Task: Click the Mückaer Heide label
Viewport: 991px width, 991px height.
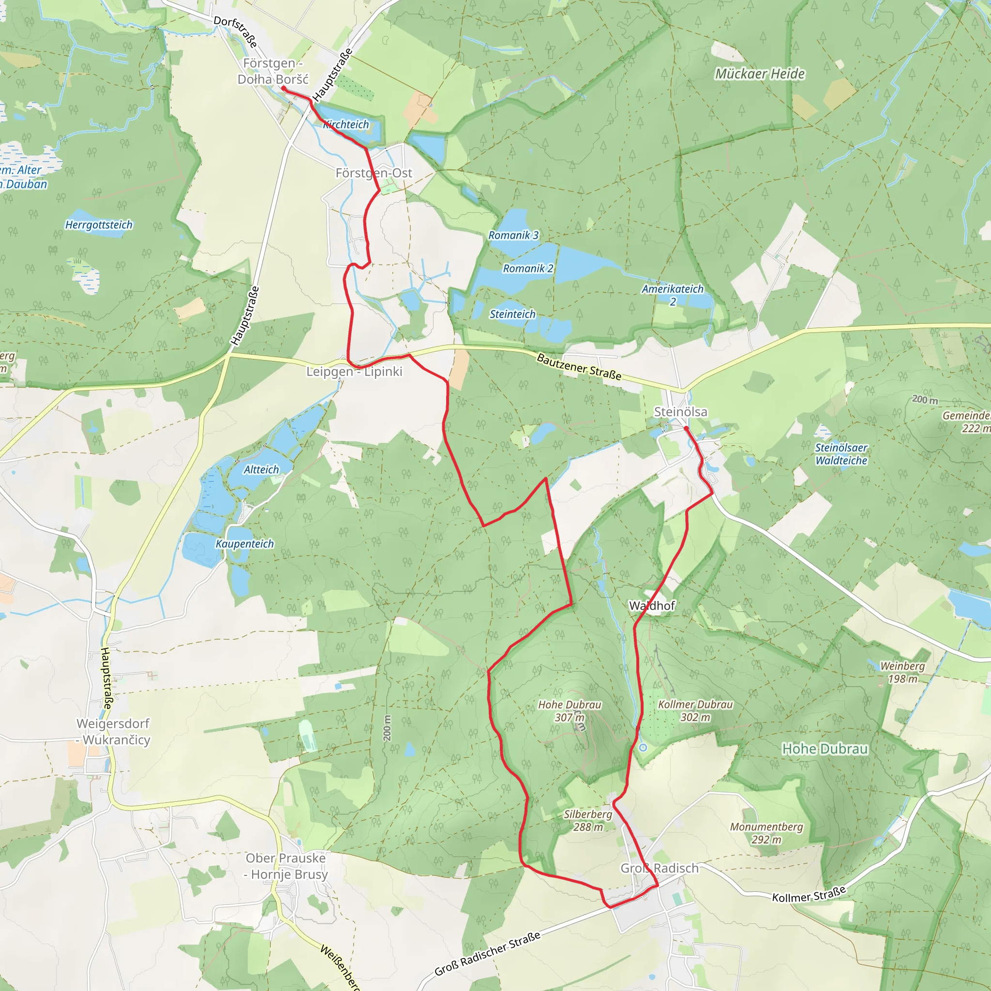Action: tap(760, 74)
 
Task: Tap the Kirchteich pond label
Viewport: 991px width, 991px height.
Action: tap(346, 125)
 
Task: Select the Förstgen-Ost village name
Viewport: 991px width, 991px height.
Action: tap(374, 173)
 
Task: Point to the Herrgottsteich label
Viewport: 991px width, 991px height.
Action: tap(99, 225)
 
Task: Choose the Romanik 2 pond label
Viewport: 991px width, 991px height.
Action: tap(528, 268)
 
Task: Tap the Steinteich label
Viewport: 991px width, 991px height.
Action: tap(512, 314)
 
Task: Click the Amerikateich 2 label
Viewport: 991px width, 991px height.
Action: tap(673, 295)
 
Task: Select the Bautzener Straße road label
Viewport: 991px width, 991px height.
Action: tap(579, 366)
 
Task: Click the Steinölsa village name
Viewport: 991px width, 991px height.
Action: tap(680, 412)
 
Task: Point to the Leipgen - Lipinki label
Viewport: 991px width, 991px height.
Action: tap(354, 371)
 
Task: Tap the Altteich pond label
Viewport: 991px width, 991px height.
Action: tap(261, 469)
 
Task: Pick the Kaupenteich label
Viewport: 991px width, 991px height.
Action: tap(245, 544)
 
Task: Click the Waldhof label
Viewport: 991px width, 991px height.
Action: tap(651, 606)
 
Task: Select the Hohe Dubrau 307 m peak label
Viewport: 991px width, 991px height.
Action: tap(570, 711)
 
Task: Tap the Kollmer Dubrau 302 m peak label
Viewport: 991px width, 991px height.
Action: tap(695, 710)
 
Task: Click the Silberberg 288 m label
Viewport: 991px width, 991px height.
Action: tap(588, 820)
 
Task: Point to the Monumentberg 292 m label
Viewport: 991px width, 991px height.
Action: tap(766, 833)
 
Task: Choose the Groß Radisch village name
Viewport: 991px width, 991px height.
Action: tap(659, 868)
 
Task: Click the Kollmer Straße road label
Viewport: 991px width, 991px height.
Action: tap(809, 894)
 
